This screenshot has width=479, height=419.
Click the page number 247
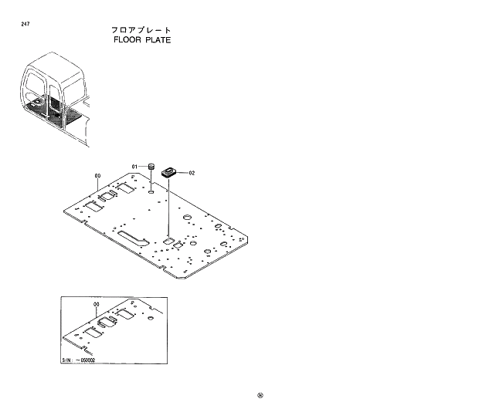click(x=26, y=25)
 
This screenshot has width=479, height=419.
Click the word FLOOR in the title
click(x=127, y=39)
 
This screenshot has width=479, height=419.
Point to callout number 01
click(x=134, y=167)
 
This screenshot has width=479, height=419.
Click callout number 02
click(x=192, y=174)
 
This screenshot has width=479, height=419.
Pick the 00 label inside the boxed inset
click(x=96, y=306)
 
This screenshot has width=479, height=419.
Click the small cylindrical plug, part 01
click(x=153, y=166)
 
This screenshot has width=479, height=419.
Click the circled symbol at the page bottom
click(x=260, y=398)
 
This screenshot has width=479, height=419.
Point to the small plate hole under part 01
click(x=153, y=190)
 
